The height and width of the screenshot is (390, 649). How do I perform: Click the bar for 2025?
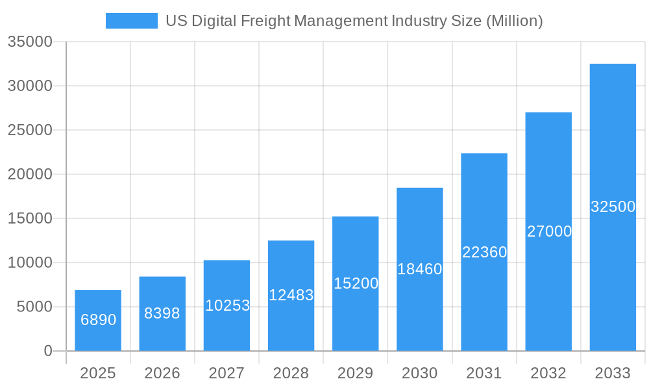coord(97,320)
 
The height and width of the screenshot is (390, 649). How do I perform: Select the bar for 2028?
coord(291,296)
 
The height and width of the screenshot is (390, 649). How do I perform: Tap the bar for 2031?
coord(484,252)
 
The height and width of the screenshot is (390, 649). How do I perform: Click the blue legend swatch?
coord(131,21)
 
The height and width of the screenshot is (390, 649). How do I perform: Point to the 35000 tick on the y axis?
coord(29,42)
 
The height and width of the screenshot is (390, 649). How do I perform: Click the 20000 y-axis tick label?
coord(29,174)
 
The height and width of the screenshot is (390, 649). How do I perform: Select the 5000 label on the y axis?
coord(34,307)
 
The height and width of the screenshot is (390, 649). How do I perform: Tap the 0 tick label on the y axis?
coord(48,351)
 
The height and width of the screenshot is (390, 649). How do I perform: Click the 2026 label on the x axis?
coord(162,373)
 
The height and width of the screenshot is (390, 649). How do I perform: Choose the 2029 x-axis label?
coord(355,373)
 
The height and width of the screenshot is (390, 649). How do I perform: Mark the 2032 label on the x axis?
coord(548,373)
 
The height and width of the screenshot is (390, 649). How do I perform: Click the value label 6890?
coord(98,320)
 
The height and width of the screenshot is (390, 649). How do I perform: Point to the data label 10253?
coord(227,305)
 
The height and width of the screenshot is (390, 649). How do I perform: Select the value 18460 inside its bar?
coord(419,269)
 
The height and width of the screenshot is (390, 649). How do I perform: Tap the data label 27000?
coord(549,231)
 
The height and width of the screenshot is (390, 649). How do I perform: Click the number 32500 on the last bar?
coord(613,207)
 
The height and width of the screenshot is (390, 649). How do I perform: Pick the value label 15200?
coord(356,283)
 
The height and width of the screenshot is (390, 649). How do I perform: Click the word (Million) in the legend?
coord(514,21)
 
